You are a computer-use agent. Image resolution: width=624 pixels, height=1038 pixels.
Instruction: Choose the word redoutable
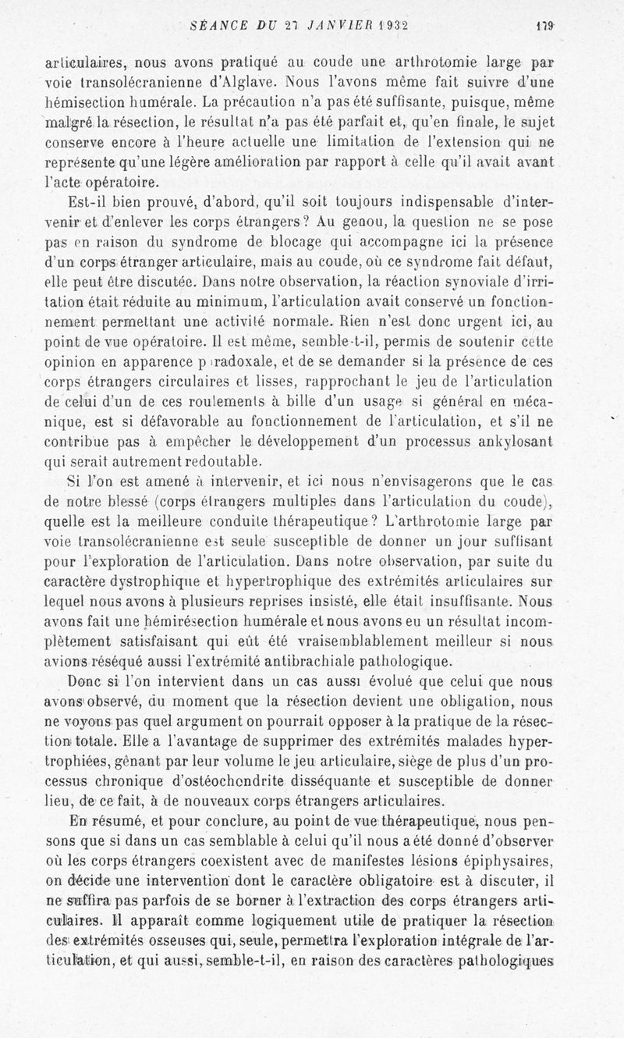tap(211, 460)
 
